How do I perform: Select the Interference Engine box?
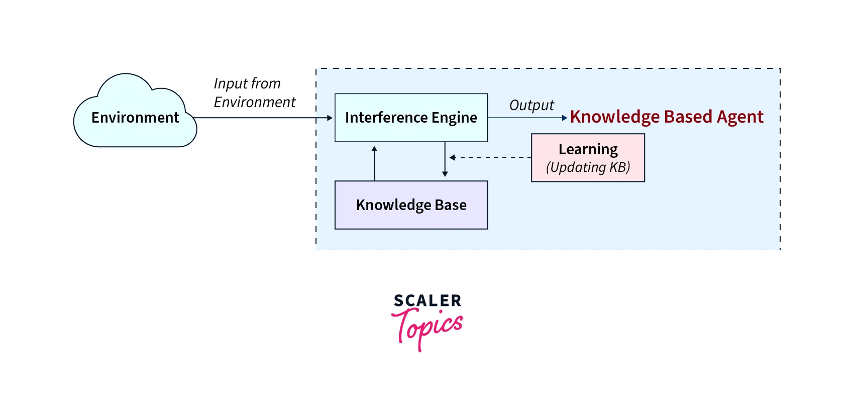point(411,118)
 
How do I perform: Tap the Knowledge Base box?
point(411,205)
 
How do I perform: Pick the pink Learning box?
point(588,158)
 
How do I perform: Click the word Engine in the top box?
point(454,118)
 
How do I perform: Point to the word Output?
point(531,105)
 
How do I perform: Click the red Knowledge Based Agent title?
point(666,117)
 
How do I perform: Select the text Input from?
point(247,83)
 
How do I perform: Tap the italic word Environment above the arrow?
point(255,102)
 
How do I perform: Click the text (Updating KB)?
point(588,167)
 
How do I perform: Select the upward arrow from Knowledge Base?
point(374,163)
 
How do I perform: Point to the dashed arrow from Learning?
point(490,158)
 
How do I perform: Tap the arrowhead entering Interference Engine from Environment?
point(330,118)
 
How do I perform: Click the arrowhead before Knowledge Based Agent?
point(564,118)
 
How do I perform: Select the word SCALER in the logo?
point(428,301)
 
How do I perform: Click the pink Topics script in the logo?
point(427,327)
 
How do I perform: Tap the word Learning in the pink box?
point(588,149)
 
